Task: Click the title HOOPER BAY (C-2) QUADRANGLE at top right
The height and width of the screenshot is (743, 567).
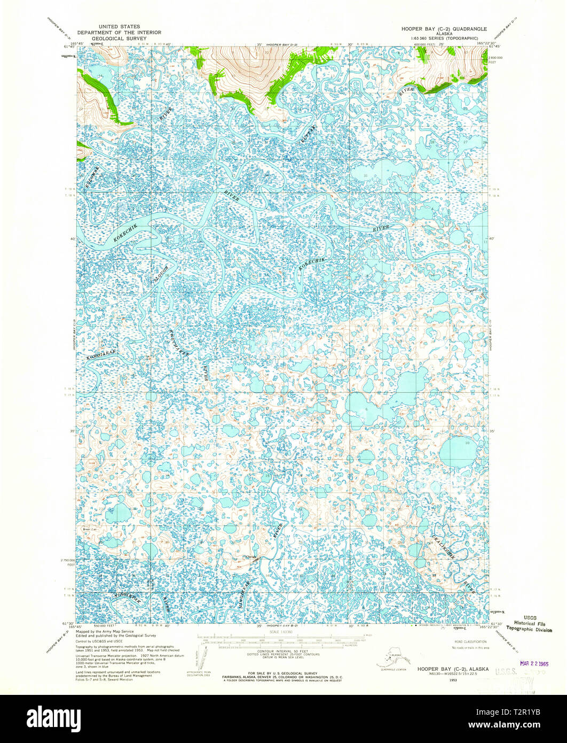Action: [444, 27]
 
